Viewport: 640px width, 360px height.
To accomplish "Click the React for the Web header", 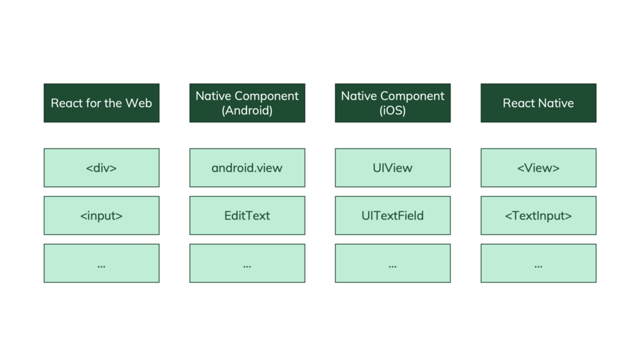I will pos(101,103).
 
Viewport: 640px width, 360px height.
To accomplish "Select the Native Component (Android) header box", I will pos(247,103).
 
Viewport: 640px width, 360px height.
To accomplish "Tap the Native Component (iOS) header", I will pos(393,103).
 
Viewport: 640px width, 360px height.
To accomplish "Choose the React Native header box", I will pos(538,103).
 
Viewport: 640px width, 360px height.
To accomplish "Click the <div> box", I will pos(101,168).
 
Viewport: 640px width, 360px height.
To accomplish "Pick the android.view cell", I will pos(247,168).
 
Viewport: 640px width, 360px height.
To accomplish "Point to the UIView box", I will pos(393,168).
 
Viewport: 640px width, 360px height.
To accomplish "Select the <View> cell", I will pos(538,168).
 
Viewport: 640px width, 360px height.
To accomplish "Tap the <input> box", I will pos(101,216).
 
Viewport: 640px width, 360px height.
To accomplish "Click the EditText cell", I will pos(247,216).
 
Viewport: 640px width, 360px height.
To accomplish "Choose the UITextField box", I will pos(393,216).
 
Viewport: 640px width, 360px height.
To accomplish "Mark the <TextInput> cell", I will pos(538,216).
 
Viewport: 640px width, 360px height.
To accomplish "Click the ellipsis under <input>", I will pos(101,266).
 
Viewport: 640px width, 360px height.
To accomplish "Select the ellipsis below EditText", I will pos(247,266).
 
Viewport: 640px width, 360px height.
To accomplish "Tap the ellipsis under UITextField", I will pos(393,266).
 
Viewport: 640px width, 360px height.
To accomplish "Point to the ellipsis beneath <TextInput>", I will pos(538,266).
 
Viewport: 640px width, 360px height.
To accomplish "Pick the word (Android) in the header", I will pos(247,111).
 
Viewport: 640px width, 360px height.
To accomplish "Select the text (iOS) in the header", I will pos(393,111).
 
